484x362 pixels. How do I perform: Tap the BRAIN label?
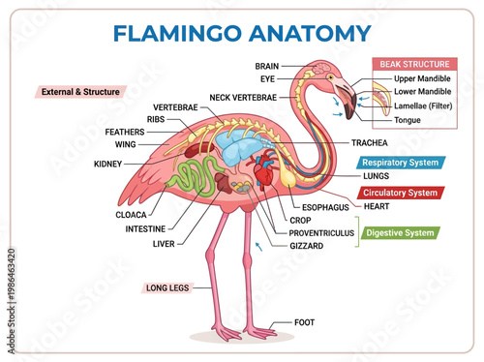point(267,66)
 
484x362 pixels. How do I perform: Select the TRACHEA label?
point(343,142)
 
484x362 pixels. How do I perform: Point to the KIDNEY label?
point(108,165)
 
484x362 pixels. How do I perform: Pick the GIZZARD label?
point(306,246)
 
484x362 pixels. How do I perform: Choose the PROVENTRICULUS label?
point(321,233)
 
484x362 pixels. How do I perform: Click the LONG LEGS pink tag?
point(169,287)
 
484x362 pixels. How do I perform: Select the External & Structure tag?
point(81,92)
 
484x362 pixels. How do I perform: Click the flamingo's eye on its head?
point(330,76)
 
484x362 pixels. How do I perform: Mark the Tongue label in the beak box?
point(408,120)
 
